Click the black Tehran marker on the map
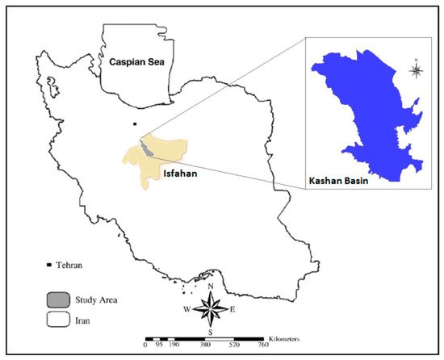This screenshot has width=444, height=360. (x=136, y=124)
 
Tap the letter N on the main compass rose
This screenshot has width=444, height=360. (x=211, y=287)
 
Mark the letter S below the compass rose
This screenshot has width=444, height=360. (x=210, y=332)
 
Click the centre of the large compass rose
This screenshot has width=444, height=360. (x=210, y=308)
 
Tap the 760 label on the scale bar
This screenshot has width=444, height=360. (x=262, y=345)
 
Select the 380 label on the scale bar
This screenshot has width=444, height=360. (x=204, y=345)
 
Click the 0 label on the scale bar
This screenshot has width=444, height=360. (x=145, y=345)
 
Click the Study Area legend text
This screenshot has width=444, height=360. (x=98, y=299)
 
